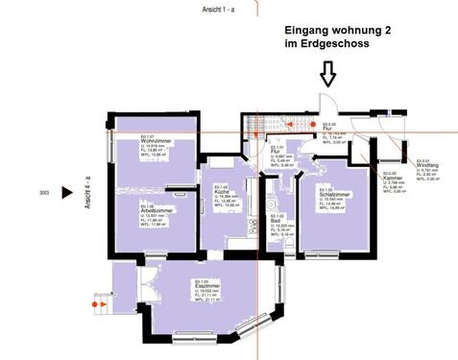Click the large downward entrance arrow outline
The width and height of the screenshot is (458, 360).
click(x=327, y=73)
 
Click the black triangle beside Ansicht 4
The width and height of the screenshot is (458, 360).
click(x=66, y=192)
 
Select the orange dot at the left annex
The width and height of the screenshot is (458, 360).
click(x=95, y=303)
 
